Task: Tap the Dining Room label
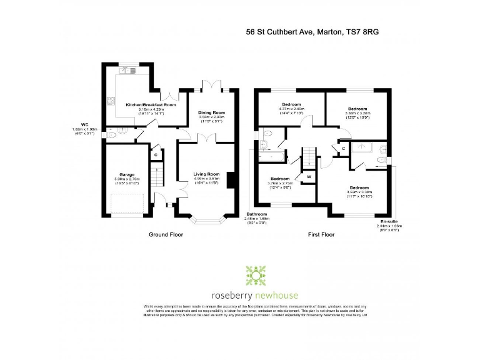coord(211,112)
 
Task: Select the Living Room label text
coord(206,174)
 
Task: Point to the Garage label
coord(127,174)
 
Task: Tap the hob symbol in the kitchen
coord(111,99)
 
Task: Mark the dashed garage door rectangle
coord(128,202)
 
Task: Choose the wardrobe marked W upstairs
coord(308,177)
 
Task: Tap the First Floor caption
coord(321,235)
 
